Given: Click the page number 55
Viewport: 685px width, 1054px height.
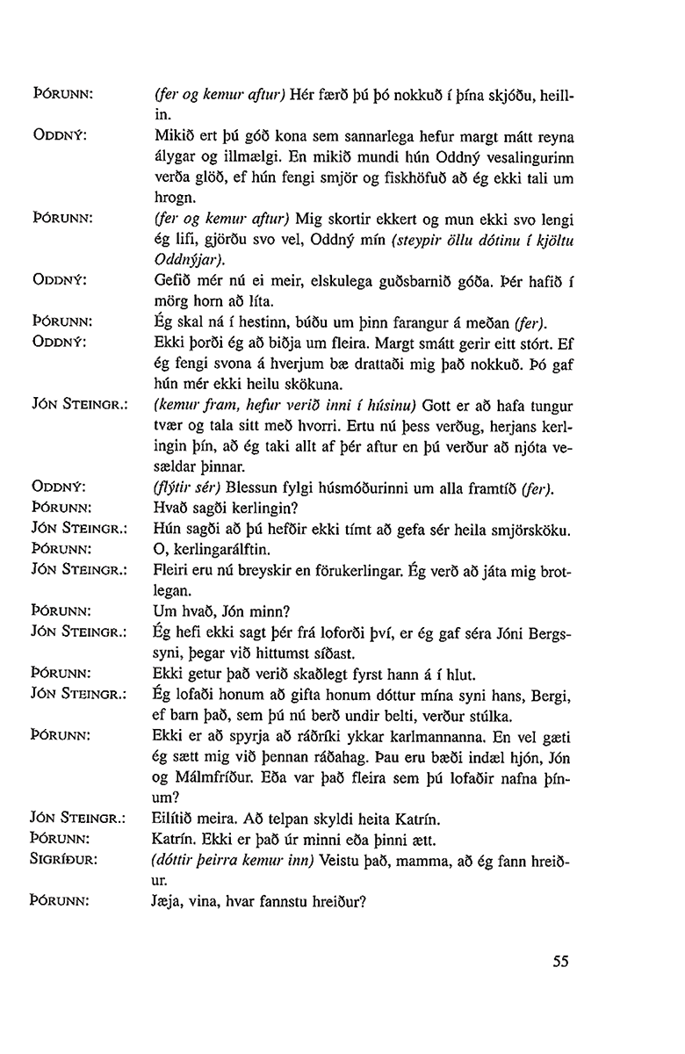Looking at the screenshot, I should pyautogui.click(x=562, y=961).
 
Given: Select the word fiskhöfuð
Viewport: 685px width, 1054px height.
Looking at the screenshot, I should pyautogui.click(x=398, y=178).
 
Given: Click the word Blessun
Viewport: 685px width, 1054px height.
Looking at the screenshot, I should pyautogui.click(x=253, y=488).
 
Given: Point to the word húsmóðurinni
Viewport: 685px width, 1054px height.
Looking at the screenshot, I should pyautogui.click(x=359, y=488).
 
